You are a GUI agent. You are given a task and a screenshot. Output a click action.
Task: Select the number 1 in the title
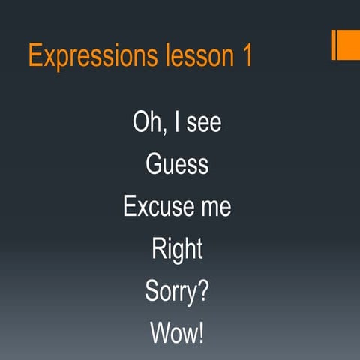[x=247, y=56]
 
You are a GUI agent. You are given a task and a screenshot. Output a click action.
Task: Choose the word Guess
[x=177, y=164]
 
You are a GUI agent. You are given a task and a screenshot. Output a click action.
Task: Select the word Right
[x=177, y=248]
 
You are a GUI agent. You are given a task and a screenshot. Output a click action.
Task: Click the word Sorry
[x=169, y=292]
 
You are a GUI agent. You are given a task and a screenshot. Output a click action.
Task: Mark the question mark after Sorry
[x=202, y=290]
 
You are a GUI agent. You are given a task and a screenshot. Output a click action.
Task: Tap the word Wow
[x=173, y=332]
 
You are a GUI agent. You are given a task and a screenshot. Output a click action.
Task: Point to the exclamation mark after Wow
[x=200, y=332]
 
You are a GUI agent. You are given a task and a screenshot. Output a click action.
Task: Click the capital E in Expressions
[x=35, y=56]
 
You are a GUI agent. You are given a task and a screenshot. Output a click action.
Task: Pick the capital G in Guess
[x=153, y=164]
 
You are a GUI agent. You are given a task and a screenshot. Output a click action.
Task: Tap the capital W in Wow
[x=160, y=332]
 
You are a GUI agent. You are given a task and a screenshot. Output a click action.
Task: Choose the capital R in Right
[x=157, y=248]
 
